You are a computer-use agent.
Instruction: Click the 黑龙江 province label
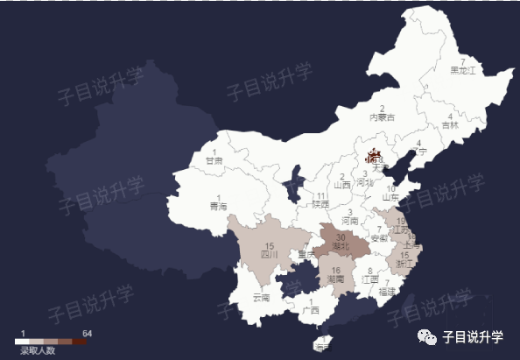[x=462, y=69]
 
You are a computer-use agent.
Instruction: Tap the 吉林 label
[x=450, y=125]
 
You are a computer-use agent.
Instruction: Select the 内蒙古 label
[x=382, y=116]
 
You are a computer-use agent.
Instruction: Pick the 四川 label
[x=269, y=255]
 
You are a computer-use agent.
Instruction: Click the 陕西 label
[x=320, y=204]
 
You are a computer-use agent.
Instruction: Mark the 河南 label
[x=350, y=222]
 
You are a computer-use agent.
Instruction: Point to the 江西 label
[x=370, y=279]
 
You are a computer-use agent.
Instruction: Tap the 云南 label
[x=262, y=297]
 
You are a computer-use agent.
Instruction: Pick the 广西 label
[x=309, y=309]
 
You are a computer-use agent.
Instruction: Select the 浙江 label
[x=405, y=263]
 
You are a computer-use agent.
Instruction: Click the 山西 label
[x=341, y=185]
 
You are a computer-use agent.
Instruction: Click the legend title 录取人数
[x=38, y=350]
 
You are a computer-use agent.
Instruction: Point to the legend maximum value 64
[x=88, y=334]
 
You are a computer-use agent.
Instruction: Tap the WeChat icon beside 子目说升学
[x=428, y=335]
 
